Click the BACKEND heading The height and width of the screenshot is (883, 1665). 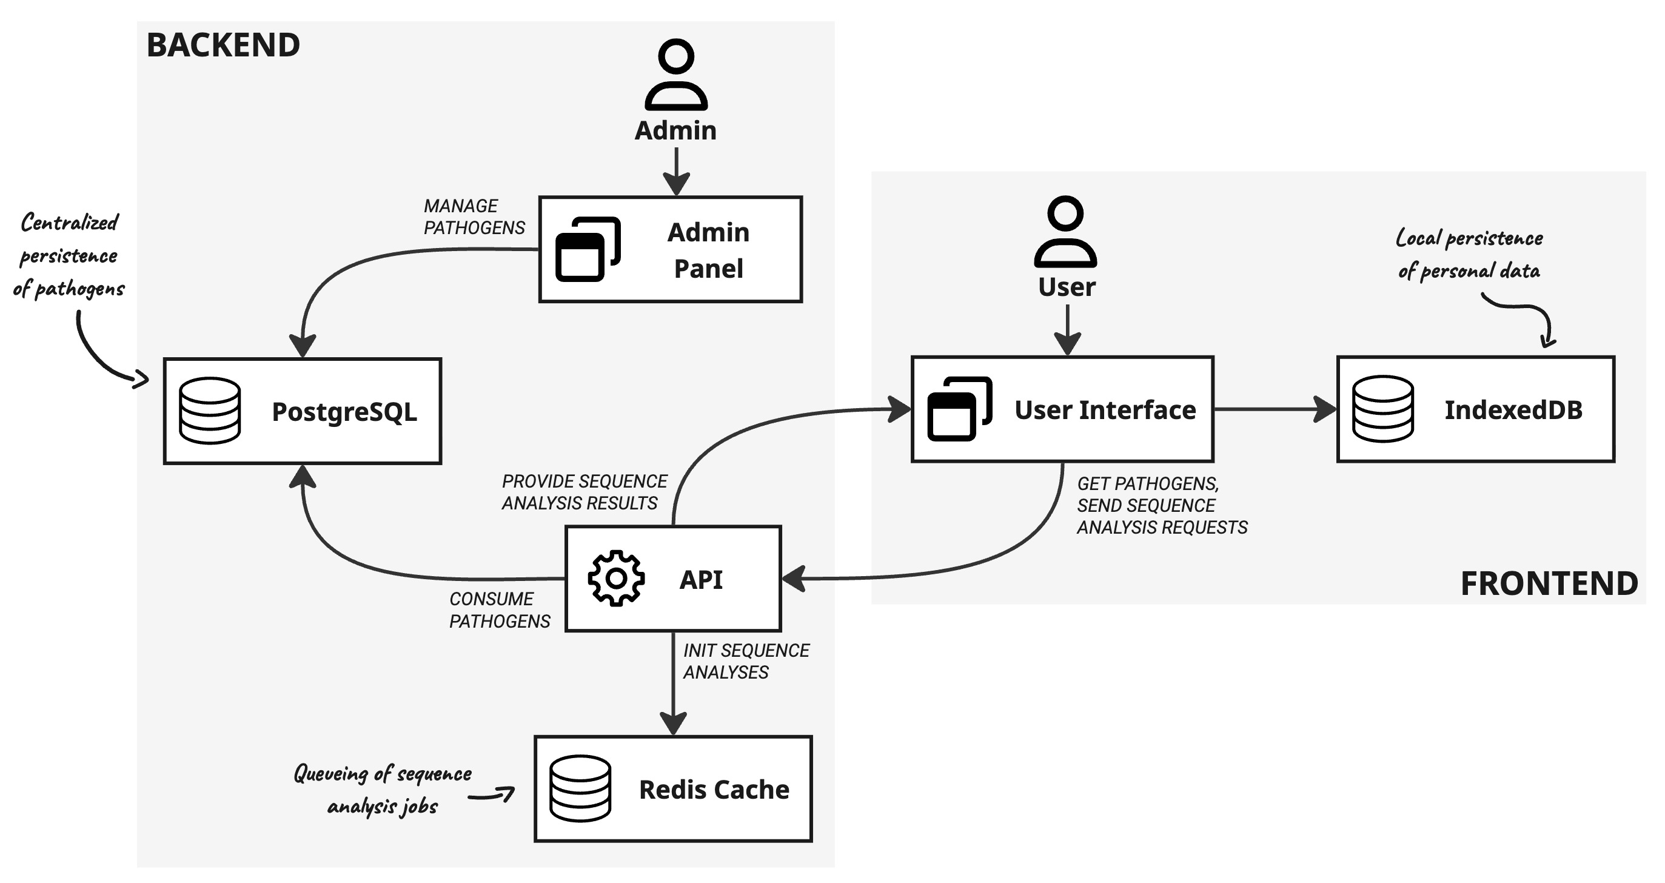click(x=223, y=45)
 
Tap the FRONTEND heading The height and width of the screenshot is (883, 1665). click(x=1549, y=583)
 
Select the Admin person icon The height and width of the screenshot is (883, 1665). click(x=676, y=75)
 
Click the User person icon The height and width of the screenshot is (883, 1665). click(x=1065, y=232)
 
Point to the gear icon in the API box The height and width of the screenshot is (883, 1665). click(x=616, y=578)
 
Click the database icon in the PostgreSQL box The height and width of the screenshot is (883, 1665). click(x=209, y=411)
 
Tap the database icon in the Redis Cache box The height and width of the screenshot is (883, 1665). click(x=580, y=788)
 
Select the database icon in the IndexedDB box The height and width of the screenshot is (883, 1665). click(x=1382, y=409)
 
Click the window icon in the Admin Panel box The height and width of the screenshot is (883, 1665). click(x=588, y=249)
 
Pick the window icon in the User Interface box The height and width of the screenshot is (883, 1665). click(x=959, y=409)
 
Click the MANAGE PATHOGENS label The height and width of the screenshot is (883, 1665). click(x=474, y=217)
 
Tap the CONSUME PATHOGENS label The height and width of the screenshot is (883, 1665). click(x=499, y=609)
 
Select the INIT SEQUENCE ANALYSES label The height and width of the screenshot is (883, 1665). click(x=746, y=660)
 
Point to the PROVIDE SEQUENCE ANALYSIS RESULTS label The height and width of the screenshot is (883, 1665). click(x=584, y=492)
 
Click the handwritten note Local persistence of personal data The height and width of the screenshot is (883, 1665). click(x=1469, y=254)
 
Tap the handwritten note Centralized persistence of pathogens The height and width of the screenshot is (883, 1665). click(x=69, y=255)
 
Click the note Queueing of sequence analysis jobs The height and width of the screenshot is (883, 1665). click(x=383, y=789)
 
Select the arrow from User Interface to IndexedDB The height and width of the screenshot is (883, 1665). click(x=1267, y=409)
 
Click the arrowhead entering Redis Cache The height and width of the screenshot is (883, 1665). click(x=673, y=724)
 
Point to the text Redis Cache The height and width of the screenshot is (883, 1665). click(x=714, y=789)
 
